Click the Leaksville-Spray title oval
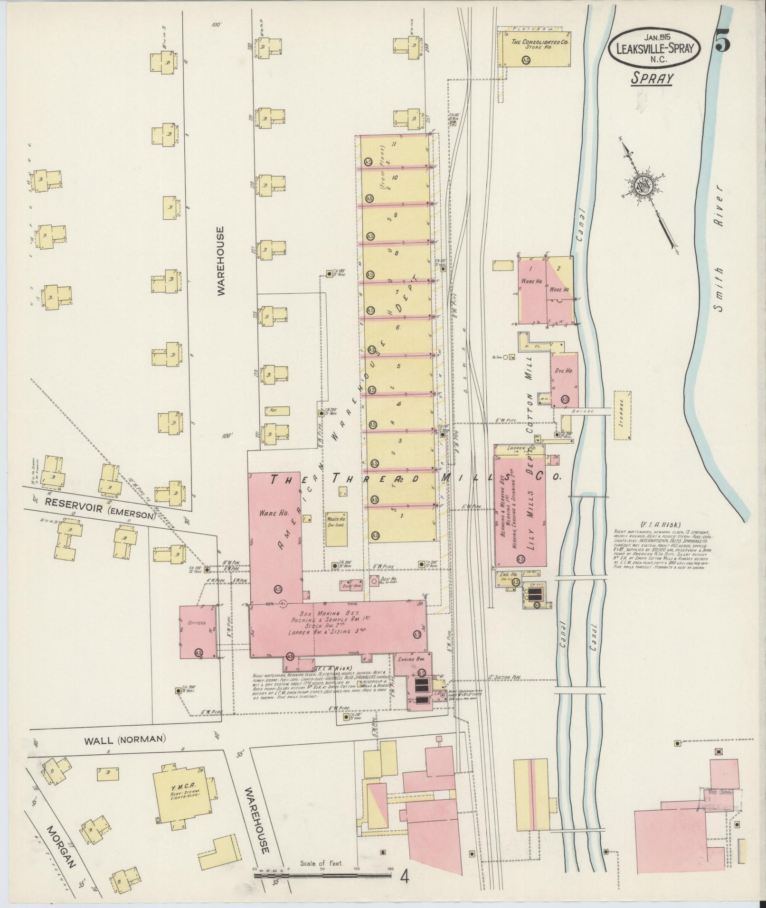tap(655, 48)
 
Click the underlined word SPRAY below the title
tap(652, 79)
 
